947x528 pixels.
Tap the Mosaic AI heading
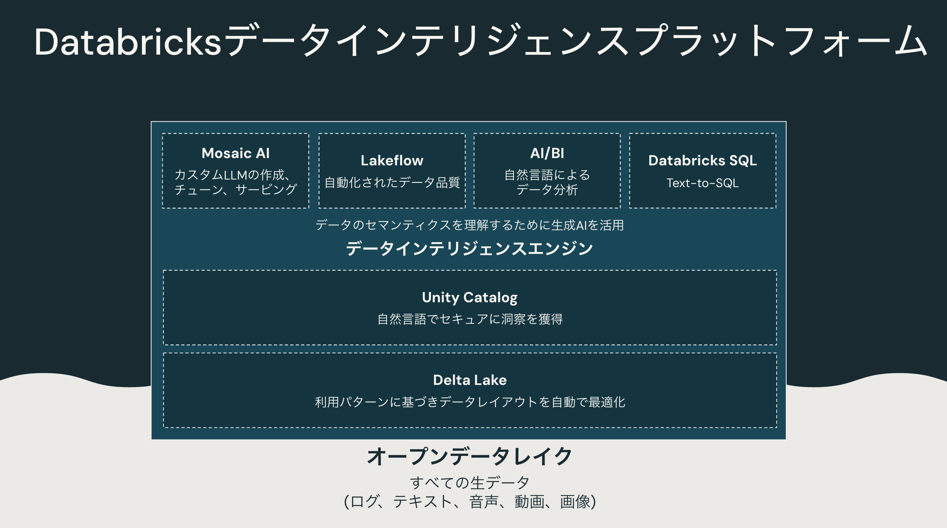235,153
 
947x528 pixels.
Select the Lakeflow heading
392,160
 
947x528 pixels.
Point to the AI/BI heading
547,153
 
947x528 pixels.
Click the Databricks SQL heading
702,160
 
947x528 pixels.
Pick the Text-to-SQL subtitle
702,183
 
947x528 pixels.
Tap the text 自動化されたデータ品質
392,182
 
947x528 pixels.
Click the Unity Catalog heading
469,297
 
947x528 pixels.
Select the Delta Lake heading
469,380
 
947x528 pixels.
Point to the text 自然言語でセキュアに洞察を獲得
469,319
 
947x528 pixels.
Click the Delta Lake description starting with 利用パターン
469,402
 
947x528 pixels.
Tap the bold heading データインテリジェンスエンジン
469,248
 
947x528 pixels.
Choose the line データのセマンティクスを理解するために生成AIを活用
469,225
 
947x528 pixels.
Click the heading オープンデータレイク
469,456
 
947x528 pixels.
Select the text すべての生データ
469,482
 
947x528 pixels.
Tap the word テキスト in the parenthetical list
422,501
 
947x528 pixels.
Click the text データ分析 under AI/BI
547,190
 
